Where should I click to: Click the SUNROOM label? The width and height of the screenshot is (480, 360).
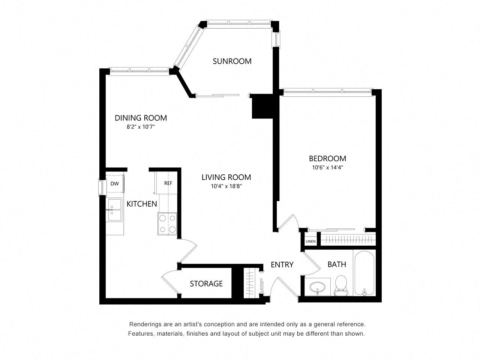[232, 61]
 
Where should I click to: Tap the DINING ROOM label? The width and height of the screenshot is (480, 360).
[141, 118]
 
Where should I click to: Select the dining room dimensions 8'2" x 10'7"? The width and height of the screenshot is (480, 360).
[141, 127]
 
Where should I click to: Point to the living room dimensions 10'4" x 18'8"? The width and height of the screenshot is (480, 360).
[226, 186]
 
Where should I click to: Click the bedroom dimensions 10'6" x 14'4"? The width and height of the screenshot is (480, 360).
[327, 168]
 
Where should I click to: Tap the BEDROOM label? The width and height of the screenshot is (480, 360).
[327, 158]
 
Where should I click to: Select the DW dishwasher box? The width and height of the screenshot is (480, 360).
[115, 184]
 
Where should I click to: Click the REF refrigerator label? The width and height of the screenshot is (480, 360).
[168, 183]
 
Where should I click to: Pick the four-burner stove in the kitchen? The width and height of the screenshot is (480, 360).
[167, 223]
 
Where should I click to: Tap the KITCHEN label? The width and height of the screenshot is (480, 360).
[142, 204]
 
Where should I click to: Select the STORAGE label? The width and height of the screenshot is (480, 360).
[206, 283]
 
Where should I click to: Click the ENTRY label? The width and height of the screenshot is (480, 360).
[282, 265]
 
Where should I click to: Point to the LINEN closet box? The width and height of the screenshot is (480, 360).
[310, 241]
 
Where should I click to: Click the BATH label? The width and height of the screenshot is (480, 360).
[337, 264]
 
